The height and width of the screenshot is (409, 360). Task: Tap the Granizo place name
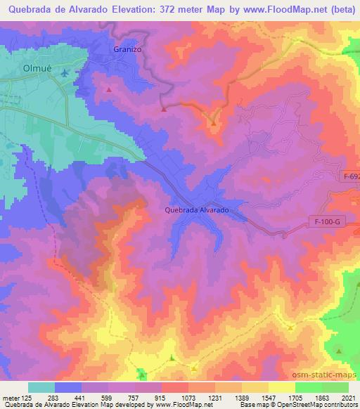coord(127,49)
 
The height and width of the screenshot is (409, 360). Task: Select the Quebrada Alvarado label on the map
coord(197,210)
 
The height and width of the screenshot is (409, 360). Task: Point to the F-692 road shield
coord(352,177)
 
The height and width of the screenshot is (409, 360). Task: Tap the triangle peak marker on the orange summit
coord(213,124)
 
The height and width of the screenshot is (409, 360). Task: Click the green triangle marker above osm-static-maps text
coord(338,351)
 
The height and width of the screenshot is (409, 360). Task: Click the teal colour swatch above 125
coord(41,387)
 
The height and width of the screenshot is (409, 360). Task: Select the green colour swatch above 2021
coord(335,387)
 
